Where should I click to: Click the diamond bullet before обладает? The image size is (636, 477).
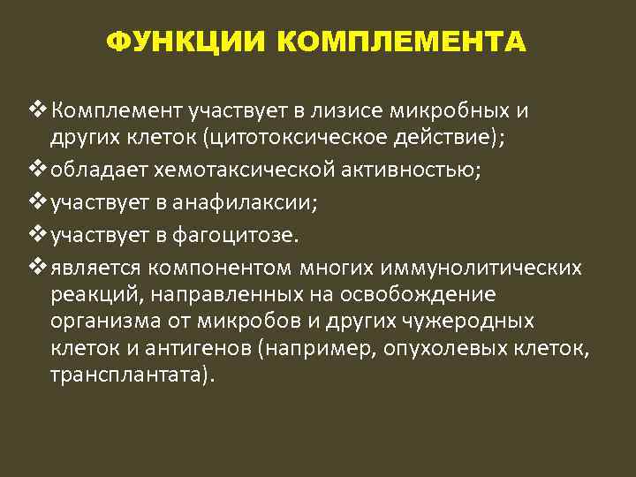pyautogui.click(x=38, y=170)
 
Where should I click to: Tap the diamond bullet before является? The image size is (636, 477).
pyautogui.click(x=38, y=266)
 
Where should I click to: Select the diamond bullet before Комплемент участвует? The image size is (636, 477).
pyautogui.click(x=38, y=110)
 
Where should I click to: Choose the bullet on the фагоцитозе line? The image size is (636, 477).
pyautogui.click(x=38, y=234)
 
